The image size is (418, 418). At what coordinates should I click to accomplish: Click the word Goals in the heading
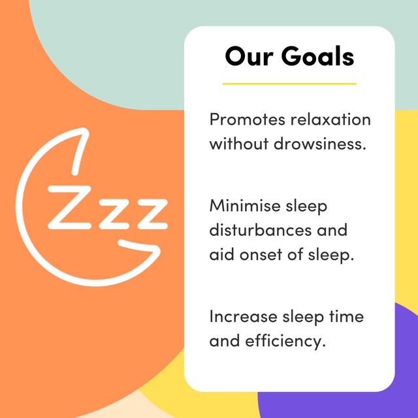pos(317,56)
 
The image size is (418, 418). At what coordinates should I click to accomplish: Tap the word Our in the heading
pos(249,56)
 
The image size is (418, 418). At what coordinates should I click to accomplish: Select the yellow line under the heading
pos(289,84)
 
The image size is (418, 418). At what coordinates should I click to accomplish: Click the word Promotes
pos(248,120)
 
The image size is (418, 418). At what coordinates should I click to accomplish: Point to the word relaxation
pos(331,120)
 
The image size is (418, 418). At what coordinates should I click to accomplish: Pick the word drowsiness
pos(320,144)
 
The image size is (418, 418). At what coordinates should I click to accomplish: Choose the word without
pos(239,144)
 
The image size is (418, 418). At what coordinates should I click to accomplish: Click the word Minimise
pos(246,206)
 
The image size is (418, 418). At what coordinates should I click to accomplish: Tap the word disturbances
pos(261,231)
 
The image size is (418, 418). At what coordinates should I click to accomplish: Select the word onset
pos(261,255)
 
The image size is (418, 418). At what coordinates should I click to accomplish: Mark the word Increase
pos(243,317)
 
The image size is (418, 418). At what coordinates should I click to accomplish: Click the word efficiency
pos(285,342)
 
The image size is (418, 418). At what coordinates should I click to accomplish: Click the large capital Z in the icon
pos(70,208)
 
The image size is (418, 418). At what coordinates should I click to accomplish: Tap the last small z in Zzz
pos(153,214)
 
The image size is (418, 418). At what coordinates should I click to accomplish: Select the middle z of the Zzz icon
pos(114,214)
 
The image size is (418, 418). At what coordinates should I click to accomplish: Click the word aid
pos(222,255)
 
